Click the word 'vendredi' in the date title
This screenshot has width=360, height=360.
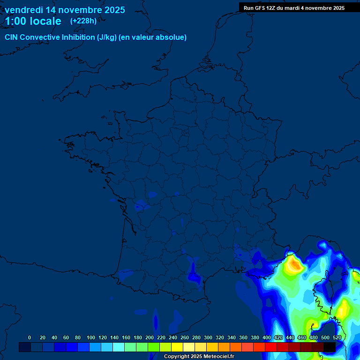pyautogui.click(x=23, y=10)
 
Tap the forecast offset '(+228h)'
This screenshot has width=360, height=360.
pyautogui.click(x=83, y=21)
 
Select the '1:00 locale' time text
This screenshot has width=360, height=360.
pyautogui.click(x=33, y=21)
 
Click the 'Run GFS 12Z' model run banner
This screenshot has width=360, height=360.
pyautogui.click(x=260, y=8)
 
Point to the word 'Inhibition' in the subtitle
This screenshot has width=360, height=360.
pyautogui.click(x=78, y=37)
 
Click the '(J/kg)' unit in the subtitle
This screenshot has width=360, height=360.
pyautogui.click(x=107, y=37)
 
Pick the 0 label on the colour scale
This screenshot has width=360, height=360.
pyautogui.click(x=30, y=337)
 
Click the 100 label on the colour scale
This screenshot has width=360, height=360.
pyautogui.click(x=90, y=337)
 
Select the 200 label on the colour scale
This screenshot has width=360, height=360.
pyautogui.click(x=149, y=337)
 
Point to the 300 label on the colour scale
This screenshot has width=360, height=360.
pyautogui.click(x=208, y=337)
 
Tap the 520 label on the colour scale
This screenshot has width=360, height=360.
pyautogui.click(x=337, y=337)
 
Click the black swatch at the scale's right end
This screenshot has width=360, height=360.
pyautogui.click(x=330, y=347)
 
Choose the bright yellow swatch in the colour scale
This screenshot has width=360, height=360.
pyautogui.click(x=177, y=347)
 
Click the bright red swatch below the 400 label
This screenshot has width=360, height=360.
pyautogui.click(x=271, y=347)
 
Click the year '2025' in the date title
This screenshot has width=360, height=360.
pyautogui.click(x=114, y=10)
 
